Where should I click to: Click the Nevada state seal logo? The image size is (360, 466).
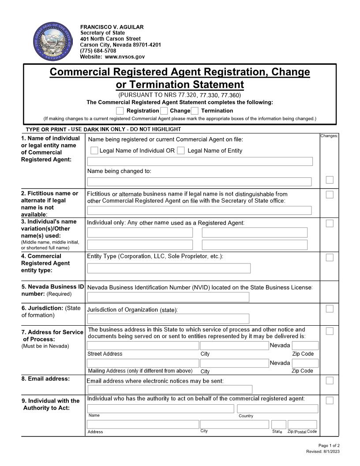52,42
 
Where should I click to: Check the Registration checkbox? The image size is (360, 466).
120,111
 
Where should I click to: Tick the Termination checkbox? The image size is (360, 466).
195,111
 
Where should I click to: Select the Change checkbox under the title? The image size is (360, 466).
164,111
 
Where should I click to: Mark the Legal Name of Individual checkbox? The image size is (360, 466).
94,150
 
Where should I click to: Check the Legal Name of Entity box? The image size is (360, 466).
181,150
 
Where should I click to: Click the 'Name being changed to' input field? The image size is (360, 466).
199,182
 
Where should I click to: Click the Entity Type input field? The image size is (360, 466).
169,268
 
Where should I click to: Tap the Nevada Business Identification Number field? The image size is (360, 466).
168,297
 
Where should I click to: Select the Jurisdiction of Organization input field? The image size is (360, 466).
168,319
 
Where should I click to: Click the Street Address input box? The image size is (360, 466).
142,346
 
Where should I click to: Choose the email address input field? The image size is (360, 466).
170,389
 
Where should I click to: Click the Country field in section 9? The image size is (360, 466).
277,409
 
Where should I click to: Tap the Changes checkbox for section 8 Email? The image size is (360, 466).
330,380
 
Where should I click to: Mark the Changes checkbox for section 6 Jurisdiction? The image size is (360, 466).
330,308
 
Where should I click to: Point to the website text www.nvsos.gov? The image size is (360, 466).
125,57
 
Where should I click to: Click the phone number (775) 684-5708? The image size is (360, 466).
98,51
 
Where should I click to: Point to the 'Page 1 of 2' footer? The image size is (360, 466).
329,446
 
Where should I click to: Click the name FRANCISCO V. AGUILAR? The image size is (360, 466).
112,27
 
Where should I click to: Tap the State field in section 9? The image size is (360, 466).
278,425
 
